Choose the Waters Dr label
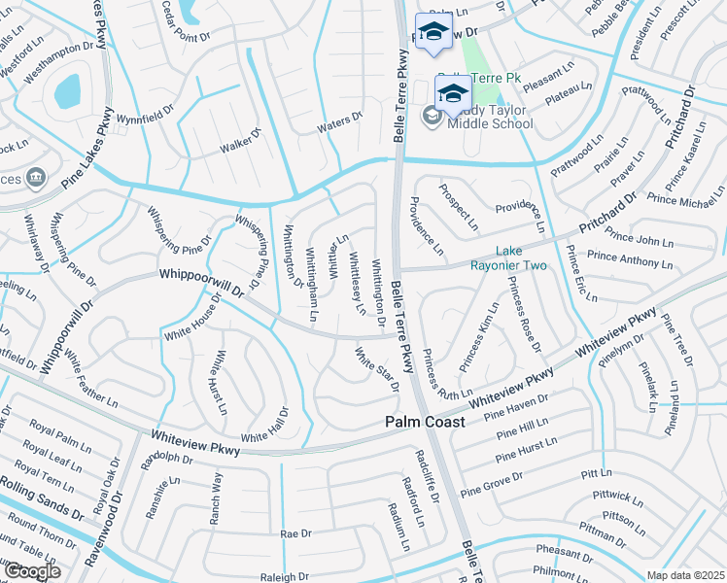click(x=339, y=119)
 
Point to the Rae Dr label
click(x=294, y=534)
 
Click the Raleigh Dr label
click(x=285, y=577)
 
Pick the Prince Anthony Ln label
click(x=629, y=258)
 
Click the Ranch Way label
click(x=216, y=498)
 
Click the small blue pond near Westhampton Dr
click(x=67, y=92)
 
